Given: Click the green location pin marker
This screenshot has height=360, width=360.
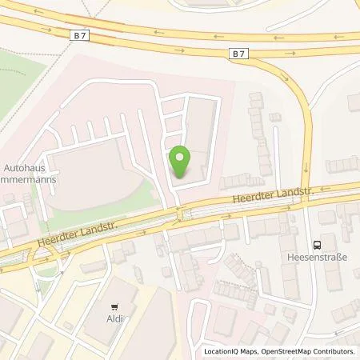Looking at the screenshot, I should click(x=181, y=162).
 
